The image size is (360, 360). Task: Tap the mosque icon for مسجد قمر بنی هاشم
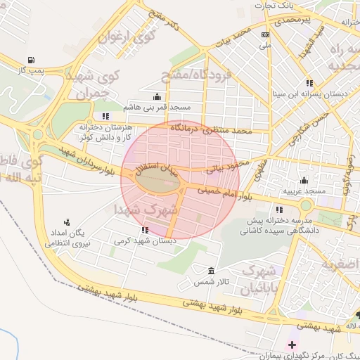click(x=156, y=97)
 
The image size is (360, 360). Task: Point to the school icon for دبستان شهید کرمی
click(x=145, y=229)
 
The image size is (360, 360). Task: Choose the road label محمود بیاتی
click(x=226, y=167)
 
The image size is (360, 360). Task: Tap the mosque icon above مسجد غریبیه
click(x=304, y=180)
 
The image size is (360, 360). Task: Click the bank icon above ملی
click(x=265, y=34)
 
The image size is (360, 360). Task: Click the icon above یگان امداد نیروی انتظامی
click(x=67, y=221)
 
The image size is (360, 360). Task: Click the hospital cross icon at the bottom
click(x=292, y=344)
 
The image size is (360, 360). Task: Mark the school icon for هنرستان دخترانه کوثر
click(x=105, y=116)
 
